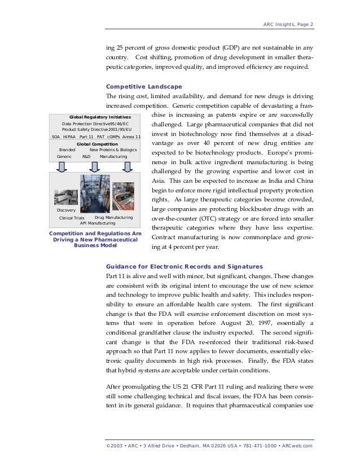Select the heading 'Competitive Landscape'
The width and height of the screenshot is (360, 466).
tap(144, 86)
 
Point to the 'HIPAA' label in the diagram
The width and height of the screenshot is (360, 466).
tap(69, 137)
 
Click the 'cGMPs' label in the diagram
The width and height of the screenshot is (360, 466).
tap(115, 137)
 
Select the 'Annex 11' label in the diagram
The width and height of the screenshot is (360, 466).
tap(132, 137)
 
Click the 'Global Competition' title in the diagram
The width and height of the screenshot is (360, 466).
tap(95, 144)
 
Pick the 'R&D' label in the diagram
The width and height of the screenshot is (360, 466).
tap(86, 156)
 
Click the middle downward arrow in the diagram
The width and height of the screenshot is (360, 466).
tap(95, 166)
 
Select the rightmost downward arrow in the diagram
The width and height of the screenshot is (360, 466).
tap(128, 166)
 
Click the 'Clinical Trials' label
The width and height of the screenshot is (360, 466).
tap(72, 217)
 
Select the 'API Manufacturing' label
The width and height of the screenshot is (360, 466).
tap(98, 223)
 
